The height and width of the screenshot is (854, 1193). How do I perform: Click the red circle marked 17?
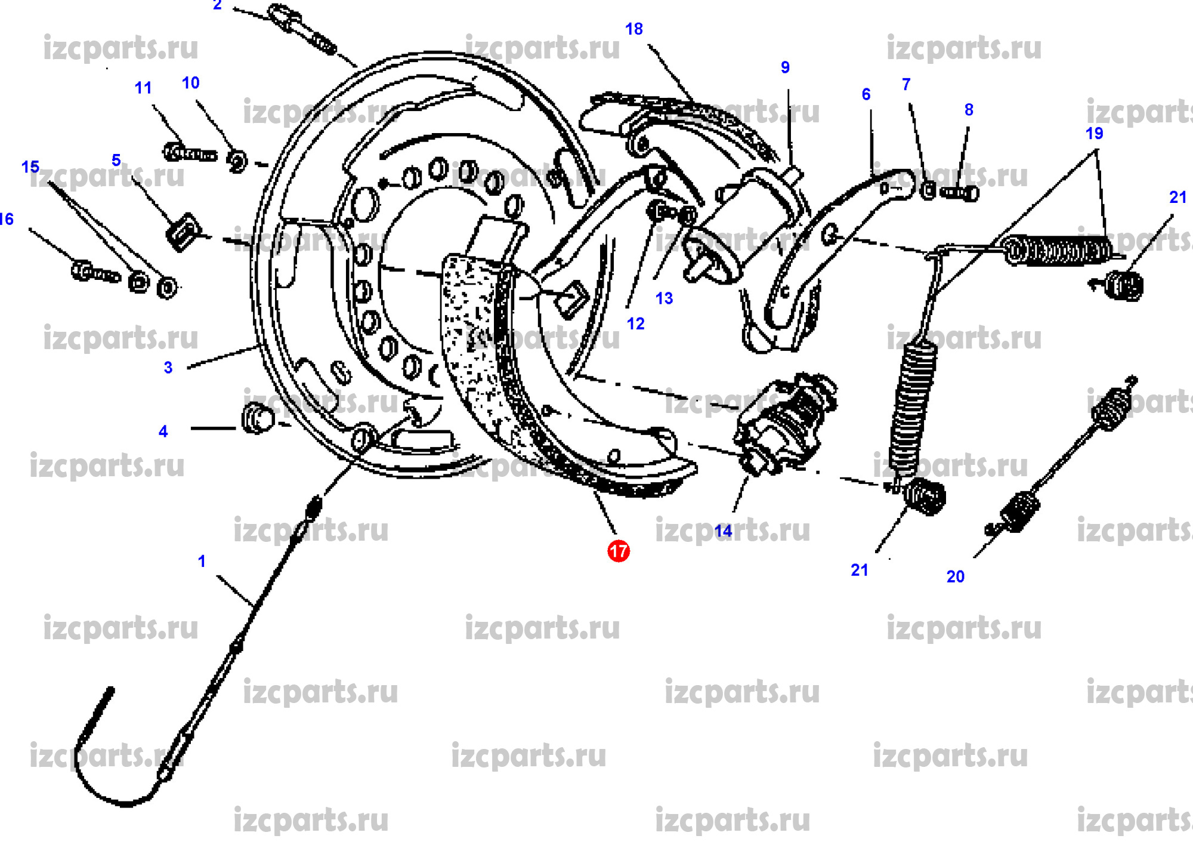click(618, 551)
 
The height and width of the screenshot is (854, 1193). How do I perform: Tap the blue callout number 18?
click(634, 29)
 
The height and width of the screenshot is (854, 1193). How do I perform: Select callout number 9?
click(785, 67)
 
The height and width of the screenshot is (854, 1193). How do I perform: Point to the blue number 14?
click(723, 531)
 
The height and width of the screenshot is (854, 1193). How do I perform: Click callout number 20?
click(955, 576)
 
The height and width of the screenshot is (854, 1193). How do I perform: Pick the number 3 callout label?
click(168, 368)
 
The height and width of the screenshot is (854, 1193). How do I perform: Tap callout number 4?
click(163, 431)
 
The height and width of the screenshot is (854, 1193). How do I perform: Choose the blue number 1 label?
click(202, 561)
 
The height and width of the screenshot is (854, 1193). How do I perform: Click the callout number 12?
click(635, 323)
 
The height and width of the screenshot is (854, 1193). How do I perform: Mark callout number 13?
click(664, 298)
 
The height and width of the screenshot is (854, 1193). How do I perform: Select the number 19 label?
click(1094, 134)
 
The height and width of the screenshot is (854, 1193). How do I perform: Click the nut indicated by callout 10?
click(237, 162)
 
